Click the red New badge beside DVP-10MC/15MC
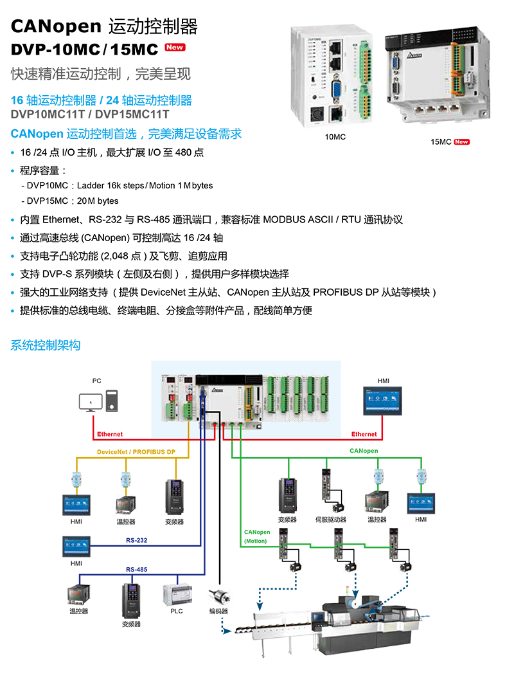[175, 47]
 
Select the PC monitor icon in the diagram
[90, 402]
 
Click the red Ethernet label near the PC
[110, 435]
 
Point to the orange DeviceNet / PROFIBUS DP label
[136, 452]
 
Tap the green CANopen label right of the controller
[364, 451]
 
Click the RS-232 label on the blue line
[136, 540]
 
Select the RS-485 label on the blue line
[136, 570]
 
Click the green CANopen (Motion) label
[257, 536]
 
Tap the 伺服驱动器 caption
[330, 520]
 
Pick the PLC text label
[177, 611]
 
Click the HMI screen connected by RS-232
[76, 547]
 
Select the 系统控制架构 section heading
[46, 345]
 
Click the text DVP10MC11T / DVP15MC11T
[90, 114]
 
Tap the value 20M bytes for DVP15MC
[98, 201]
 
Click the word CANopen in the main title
[57, 26]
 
